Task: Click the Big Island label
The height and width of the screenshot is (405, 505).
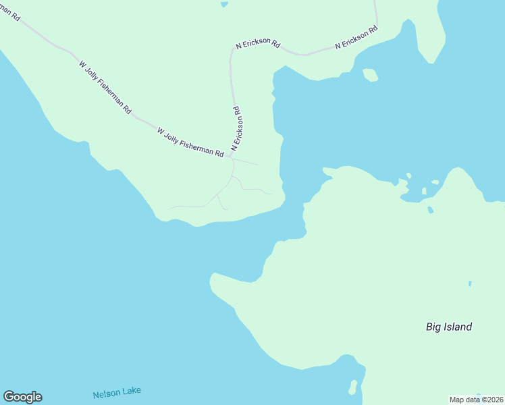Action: pos(449,327)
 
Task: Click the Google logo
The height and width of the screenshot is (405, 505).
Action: pos(22,397)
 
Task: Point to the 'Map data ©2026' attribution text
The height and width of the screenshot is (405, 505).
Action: pos(477,399)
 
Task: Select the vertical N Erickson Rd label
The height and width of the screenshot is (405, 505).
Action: pos(236,128)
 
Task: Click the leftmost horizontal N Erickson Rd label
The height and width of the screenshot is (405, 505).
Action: pos(257,44)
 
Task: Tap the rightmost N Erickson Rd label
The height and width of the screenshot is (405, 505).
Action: pos(356,38)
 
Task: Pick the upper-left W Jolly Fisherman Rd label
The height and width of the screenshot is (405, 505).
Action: pos(105,87)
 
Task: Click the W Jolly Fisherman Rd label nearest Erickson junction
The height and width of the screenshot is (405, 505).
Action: pos(190,142)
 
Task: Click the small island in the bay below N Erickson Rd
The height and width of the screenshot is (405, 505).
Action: pos(369,74)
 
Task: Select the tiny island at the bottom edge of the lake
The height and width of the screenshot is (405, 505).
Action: pos(352,387)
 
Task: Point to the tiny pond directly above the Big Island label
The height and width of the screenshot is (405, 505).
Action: pos(470,283)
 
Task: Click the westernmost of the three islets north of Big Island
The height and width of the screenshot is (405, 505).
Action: pos(408,176)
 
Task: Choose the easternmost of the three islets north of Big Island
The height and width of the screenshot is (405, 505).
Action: pos(435,182)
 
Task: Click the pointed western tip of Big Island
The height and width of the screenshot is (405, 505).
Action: pos(213,277)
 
